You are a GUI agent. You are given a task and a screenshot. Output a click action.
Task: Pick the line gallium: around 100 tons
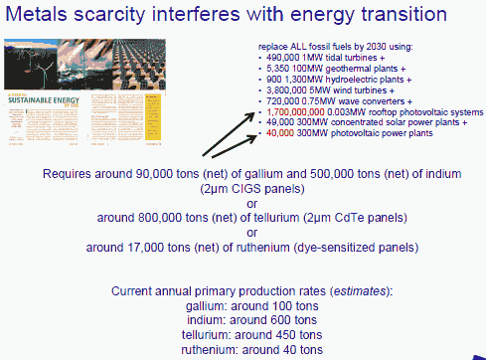243,306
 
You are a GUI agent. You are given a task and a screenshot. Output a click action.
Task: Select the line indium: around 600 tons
243,321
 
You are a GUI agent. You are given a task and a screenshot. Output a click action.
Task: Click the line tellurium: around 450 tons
243,336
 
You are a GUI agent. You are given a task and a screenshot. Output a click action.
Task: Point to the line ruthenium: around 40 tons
243,350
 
